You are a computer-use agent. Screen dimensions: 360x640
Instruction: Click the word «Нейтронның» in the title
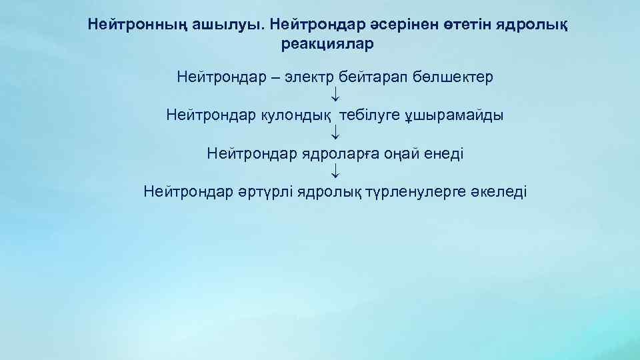[128, 25]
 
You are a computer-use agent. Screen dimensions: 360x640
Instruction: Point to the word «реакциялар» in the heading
[329, 45]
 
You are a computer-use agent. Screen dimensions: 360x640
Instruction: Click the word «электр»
[309, 77]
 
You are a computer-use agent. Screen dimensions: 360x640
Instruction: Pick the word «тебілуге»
[368, 116]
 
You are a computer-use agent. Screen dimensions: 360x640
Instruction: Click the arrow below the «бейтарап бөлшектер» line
[335, 97]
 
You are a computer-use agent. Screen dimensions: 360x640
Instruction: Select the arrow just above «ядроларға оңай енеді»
[335, 135]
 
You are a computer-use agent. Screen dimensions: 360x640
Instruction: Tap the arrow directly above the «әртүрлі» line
[335, 174]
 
